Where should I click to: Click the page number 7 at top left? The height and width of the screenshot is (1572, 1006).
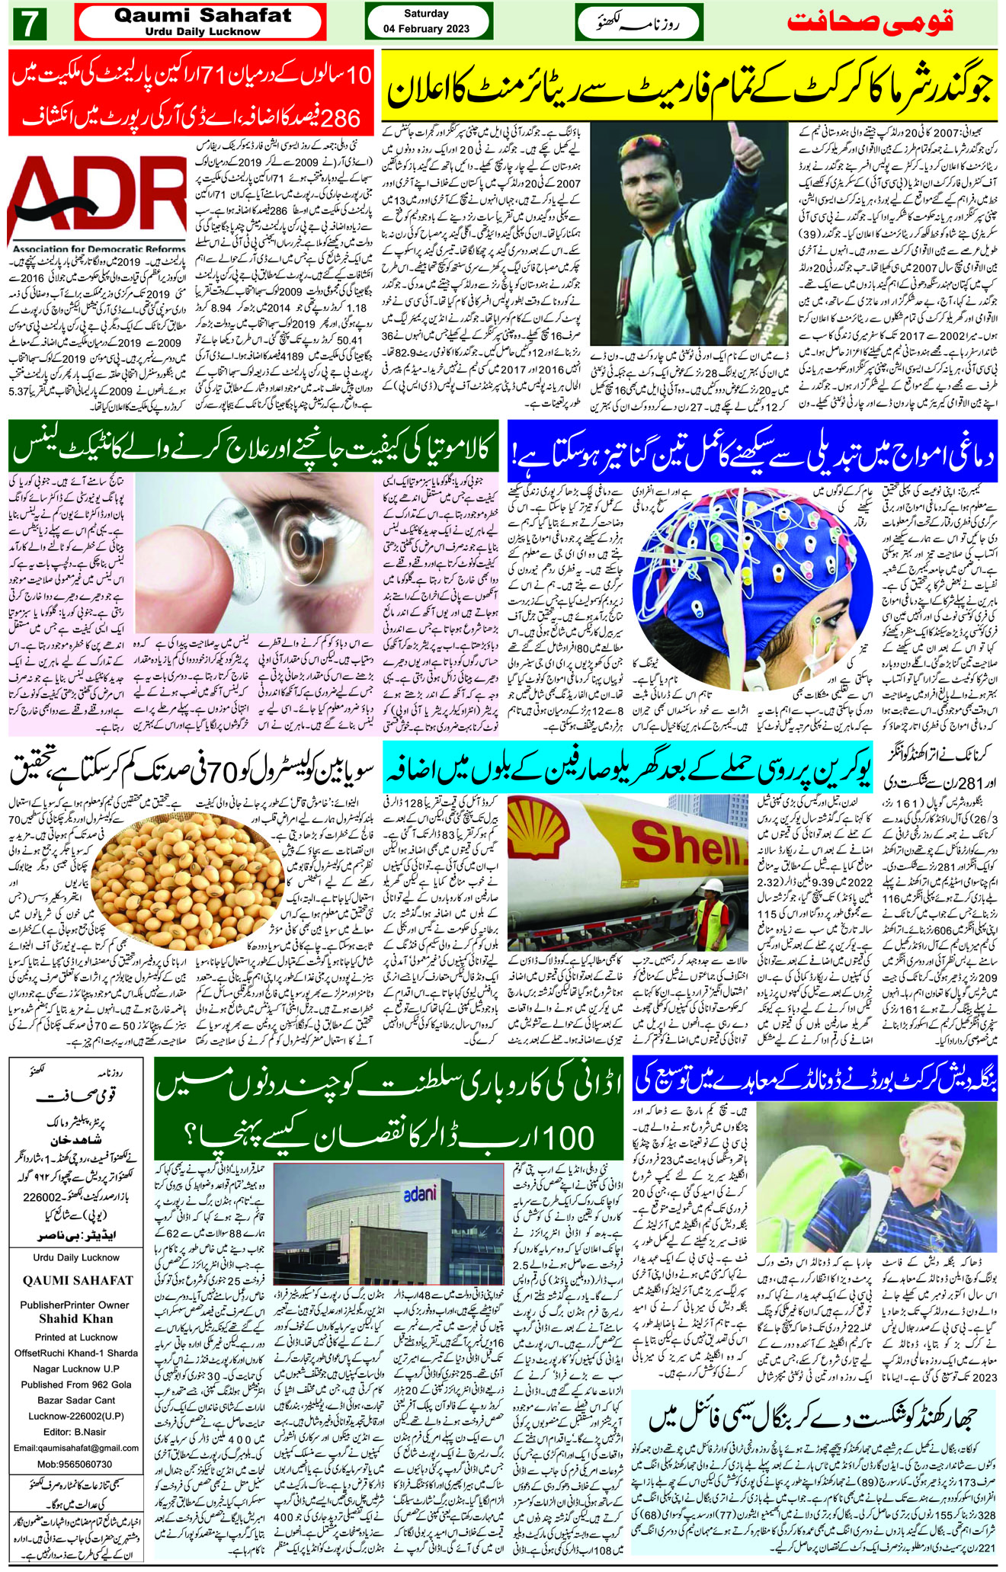click(30, 24)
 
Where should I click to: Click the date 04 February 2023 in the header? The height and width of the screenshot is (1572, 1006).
click(426, 29)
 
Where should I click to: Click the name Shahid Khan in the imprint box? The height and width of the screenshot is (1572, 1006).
click(76, 1318)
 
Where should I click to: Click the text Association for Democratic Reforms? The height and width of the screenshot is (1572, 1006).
click(98, 248)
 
